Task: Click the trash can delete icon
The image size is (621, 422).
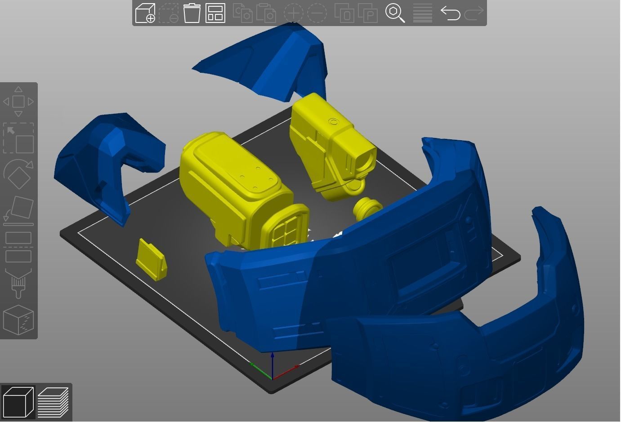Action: coord(192,13)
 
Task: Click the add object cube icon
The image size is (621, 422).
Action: coord(145,13)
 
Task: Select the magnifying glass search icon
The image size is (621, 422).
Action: coord(395,13)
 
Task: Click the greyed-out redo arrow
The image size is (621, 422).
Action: coord(474,13)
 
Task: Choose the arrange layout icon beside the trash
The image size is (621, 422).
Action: coord(215,13)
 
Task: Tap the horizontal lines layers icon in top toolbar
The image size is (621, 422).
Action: coord(422,13)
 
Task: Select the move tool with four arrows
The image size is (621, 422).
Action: coord(18,102)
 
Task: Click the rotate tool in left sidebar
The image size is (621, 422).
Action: coord(18,174)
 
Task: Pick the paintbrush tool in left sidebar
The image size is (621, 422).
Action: coord(18,283)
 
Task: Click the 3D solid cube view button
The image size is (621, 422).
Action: coord(18,402)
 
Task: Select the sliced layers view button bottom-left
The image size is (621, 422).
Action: coord(53,402)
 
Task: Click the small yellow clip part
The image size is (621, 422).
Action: coord(151,260)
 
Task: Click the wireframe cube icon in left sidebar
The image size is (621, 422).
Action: coord(18,320)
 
